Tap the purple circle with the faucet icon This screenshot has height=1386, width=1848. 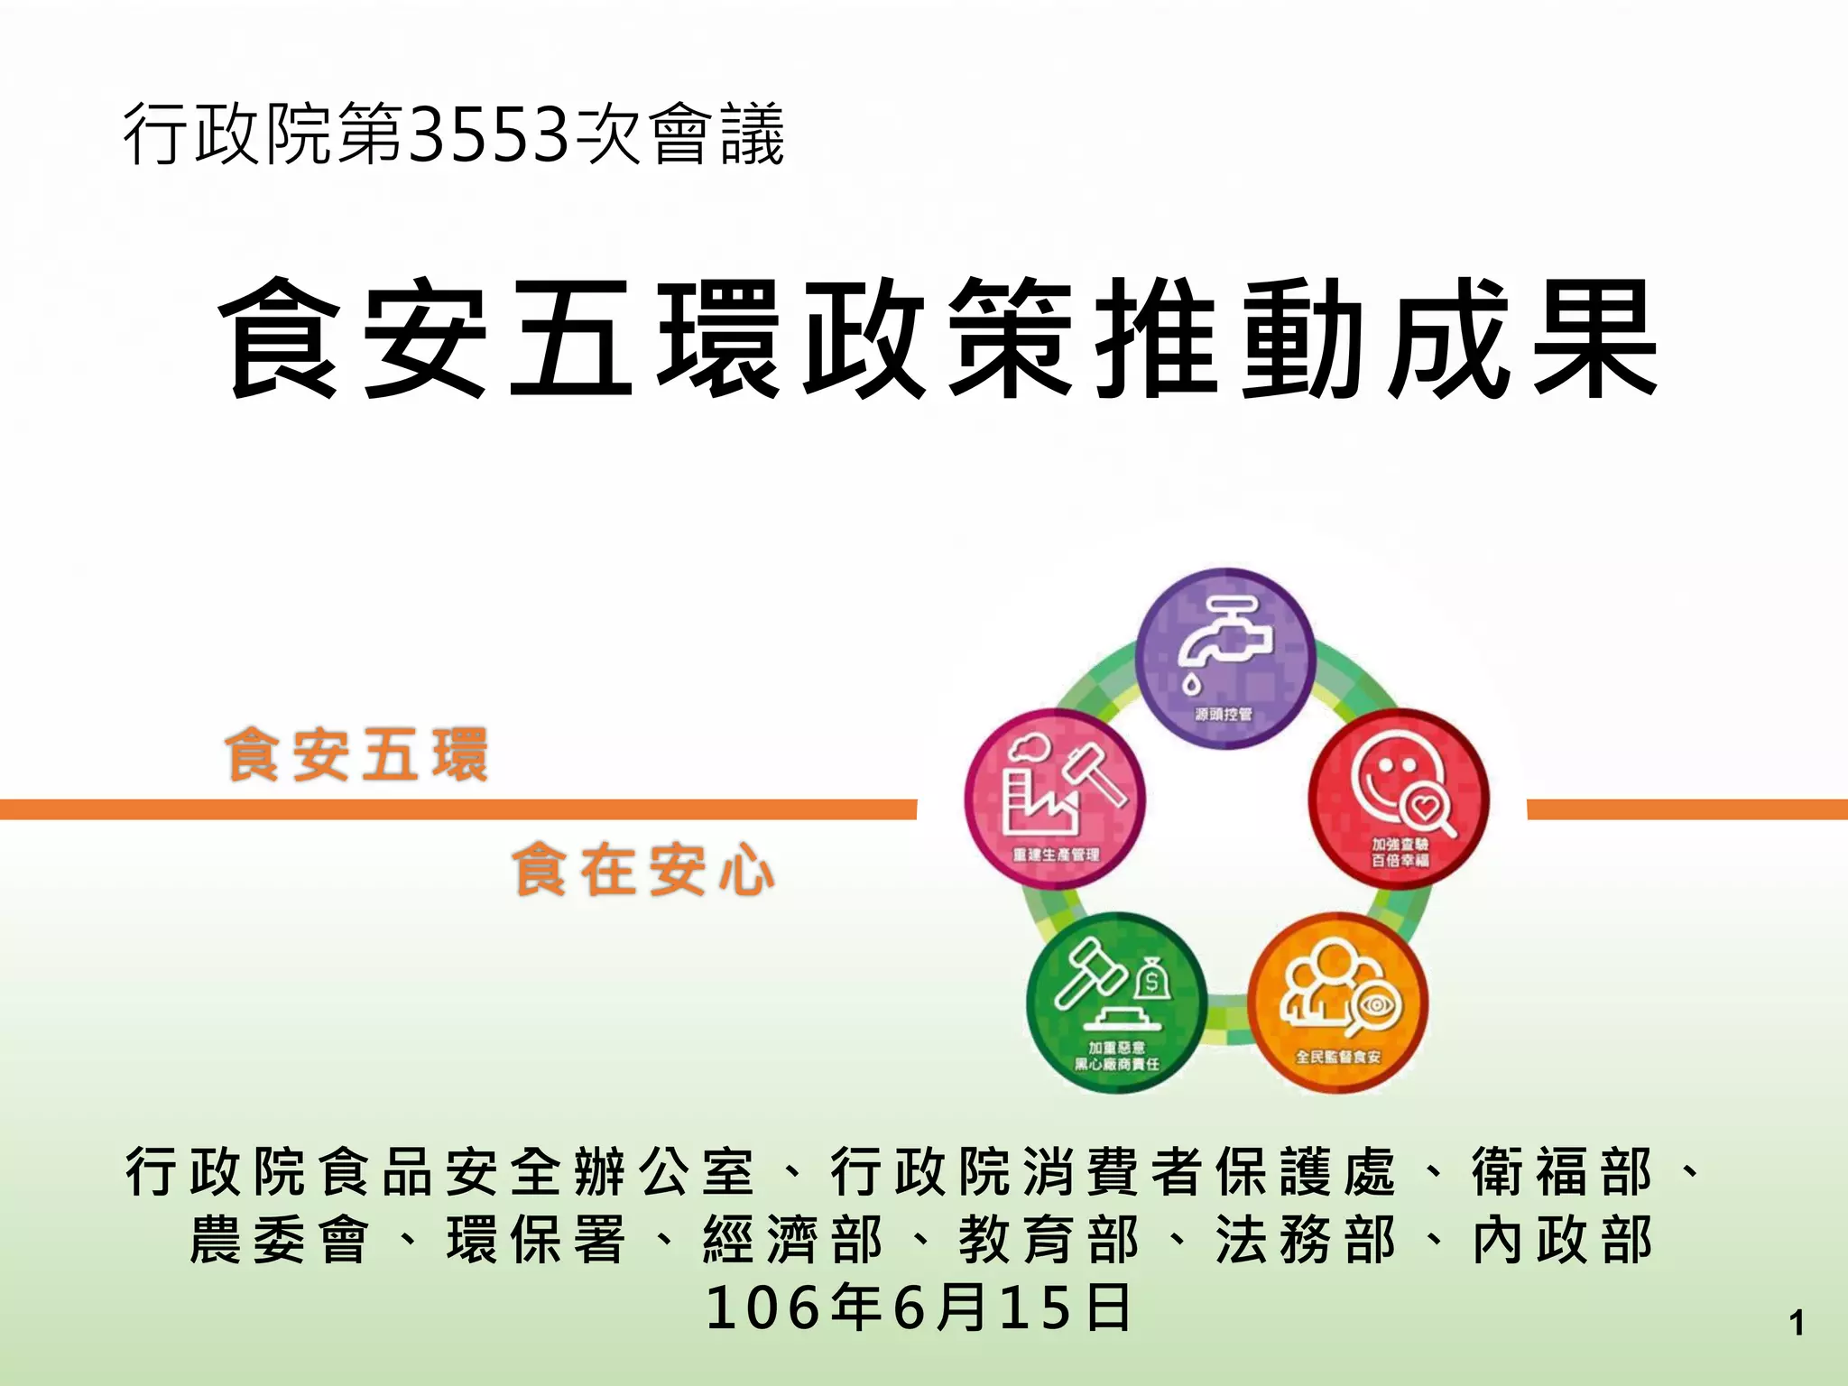(x=1224, y=657)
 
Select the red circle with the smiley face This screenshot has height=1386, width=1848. (x=1399, y=798)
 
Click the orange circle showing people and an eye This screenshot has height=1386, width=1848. (x=1338, y=1002)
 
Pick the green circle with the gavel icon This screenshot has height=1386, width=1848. (x=1116, y=1002)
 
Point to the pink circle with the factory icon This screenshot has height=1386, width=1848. (x=1055, y=798)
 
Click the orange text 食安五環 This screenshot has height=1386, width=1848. (x=357, y=755)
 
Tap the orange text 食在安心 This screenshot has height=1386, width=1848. (x=643, y=870)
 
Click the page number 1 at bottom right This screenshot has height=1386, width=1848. (x=1796, y=1324)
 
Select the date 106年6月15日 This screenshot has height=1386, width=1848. (x=918, y=1307)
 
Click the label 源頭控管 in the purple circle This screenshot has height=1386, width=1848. (x=1224, y=715)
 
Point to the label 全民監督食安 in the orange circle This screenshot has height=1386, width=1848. (x=1338, y=1057)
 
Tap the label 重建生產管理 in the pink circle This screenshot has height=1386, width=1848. (x=1056, y=854)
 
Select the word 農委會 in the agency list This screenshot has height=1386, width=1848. (x=280, y=1240)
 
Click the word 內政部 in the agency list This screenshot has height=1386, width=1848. (x=1563, y=1240)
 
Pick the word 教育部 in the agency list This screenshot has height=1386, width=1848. (x=1049, y=1240)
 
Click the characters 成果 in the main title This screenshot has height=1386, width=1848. (x=1523, y=338)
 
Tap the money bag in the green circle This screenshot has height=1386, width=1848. (x=1150, y=977)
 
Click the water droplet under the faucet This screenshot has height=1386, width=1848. (x=1192, y=683)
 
